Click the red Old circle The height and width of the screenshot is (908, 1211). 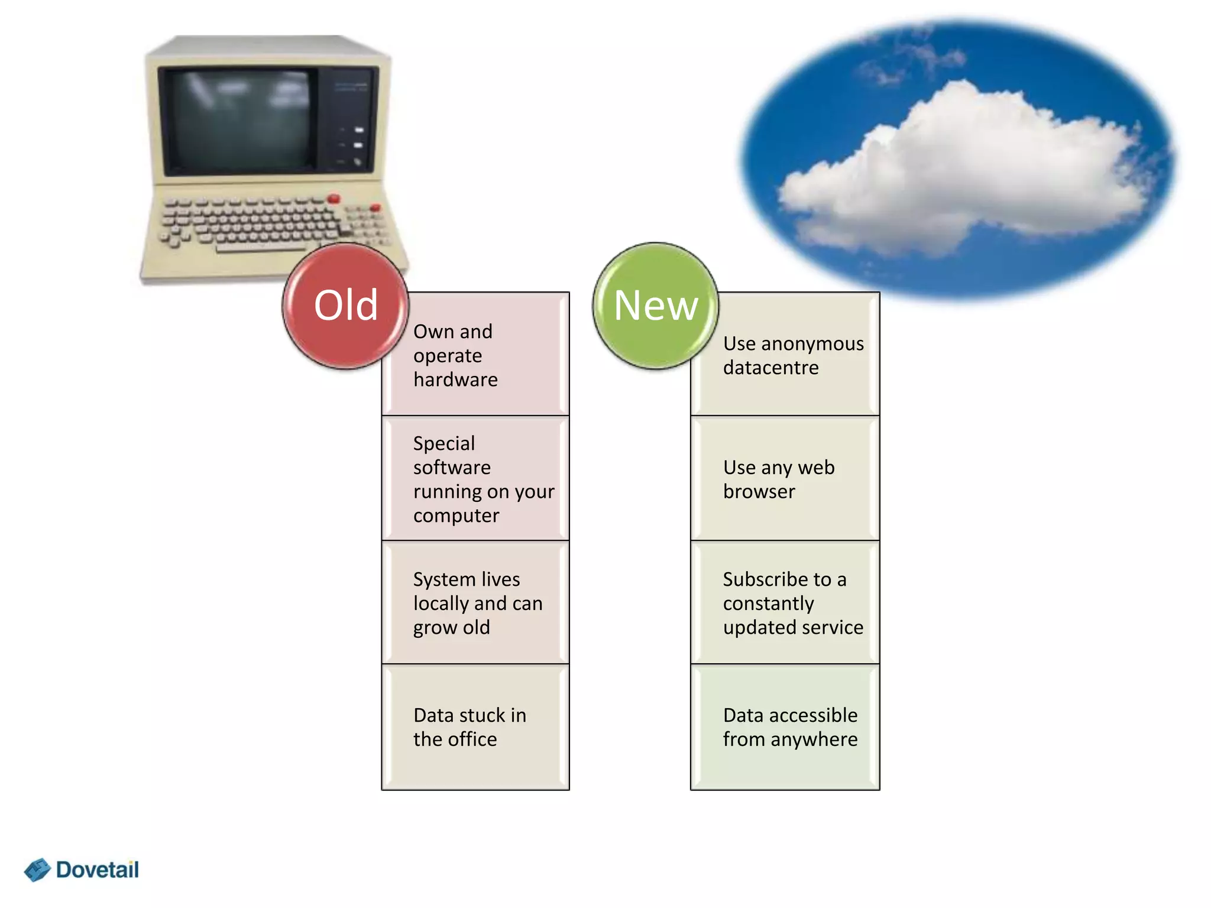(345, 306)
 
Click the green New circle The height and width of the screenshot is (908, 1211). (656, 306)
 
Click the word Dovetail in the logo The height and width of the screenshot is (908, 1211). (98, 870)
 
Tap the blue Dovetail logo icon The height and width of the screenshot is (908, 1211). (37, 870)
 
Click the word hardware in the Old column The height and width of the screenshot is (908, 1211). (455, 380)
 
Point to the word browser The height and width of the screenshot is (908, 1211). (759, 492)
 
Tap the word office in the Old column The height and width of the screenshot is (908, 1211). (472, 740)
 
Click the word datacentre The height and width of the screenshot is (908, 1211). (770, 368)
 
